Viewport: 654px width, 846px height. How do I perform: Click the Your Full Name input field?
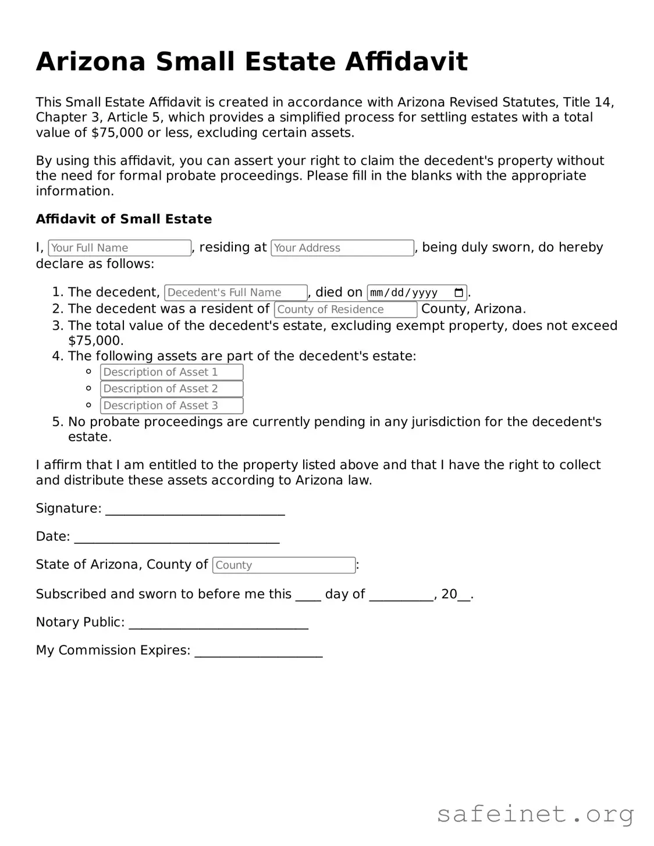(x=119, y=248)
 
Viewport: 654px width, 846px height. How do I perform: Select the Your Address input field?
(x=342, y=248)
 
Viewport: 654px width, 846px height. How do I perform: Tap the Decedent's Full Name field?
(x=236, y=292)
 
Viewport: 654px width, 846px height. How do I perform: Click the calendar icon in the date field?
(x=458, y=292)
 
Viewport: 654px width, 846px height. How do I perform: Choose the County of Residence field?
(x=346, y=309)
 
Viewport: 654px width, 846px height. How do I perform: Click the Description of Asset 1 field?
(x=172, y=372)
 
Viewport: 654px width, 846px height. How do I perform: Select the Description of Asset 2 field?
(x=172, y=389)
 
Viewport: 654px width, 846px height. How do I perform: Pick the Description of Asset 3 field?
(x=172, y=406)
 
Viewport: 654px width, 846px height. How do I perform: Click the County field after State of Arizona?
(x=284, y=565)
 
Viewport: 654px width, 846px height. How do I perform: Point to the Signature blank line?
(x=195, y=510)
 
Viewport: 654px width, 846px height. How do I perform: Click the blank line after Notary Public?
(x=218, y=624)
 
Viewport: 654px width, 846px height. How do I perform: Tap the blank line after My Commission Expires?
(x=258, y=652)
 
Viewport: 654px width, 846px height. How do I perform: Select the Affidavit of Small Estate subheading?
(x=124, y=219)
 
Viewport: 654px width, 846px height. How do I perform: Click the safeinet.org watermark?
(x=535, y=814)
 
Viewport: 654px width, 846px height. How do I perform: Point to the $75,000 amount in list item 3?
(x=95, y=341)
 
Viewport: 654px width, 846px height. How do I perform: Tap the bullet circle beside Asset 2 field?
(x=88, y=388)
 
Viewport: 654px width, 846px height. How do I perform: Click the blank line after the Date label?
(x=177, y=538)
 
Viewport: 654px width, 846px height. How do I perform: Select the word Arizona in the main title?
(x=90, y=62)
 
